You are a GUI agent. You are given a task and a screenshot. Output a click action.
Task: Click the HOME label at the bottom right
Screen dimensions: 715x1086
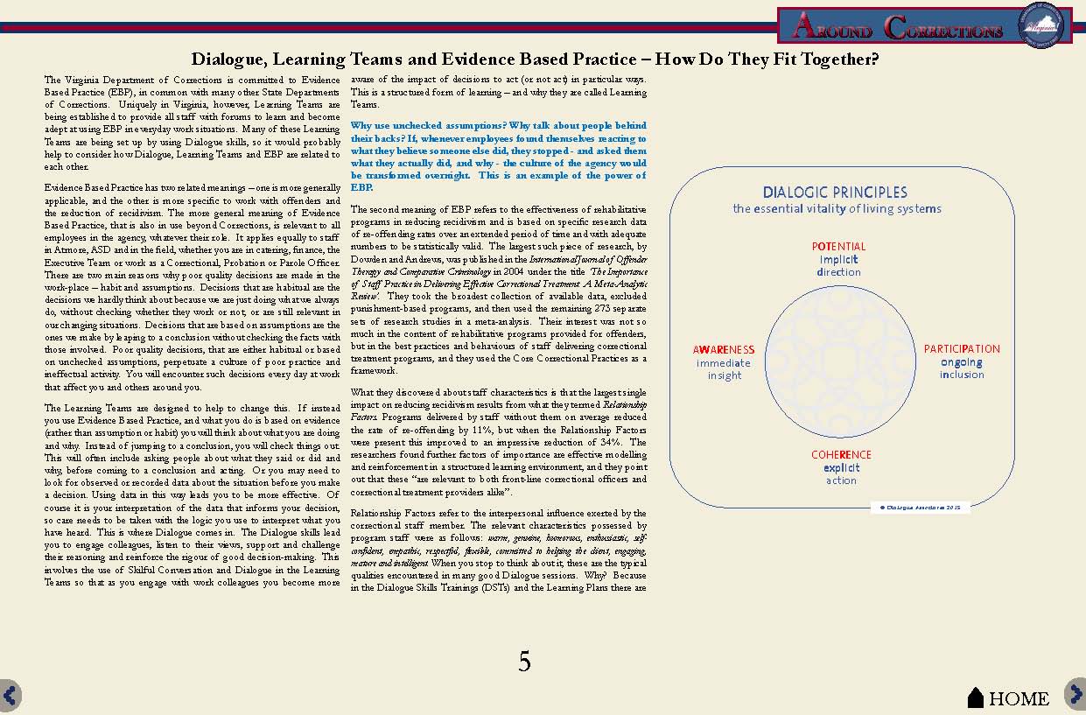1019,698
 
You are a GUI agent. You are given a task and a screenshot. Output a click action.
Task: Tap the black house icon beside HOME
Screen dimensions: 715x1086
976,697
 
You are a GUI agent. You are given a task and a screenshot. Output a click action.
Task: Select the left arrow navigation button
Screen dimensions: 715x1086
10,695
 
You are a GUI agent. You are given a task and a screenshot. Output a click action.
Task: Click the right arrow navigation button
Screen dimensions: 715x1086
1075,694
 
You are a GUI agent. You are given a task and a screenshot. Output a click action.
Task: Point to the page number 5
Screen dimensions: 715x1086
524,662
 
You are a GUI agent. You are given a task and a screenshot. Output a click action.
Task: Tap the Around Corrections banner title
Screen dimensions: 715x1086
897,28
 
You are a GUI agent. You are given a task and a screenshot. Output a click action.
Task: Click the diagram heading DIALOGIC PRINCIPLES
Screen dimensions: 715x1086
835,193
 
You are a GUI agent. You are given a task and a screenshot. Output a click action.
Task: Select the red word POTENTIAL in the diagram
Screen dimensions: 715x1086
838,247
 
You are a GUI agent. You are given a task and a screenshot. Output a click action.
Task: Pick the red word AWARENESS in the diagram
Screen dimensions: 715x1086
724,350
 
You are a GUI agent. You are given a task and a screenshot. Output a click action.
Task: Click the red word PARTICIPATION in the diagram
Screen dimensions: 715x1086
962,349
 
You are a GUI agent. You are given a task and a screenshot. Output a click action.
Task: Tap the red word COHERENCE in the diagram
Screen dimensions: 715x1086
841,455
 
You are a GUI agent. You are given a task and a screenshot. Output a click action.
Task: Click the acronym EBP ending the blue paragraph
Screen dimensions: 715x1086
361,187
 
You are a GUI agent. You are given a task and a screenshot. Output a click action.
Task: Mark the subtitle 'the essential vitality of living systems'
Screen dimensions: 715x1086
837,208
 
